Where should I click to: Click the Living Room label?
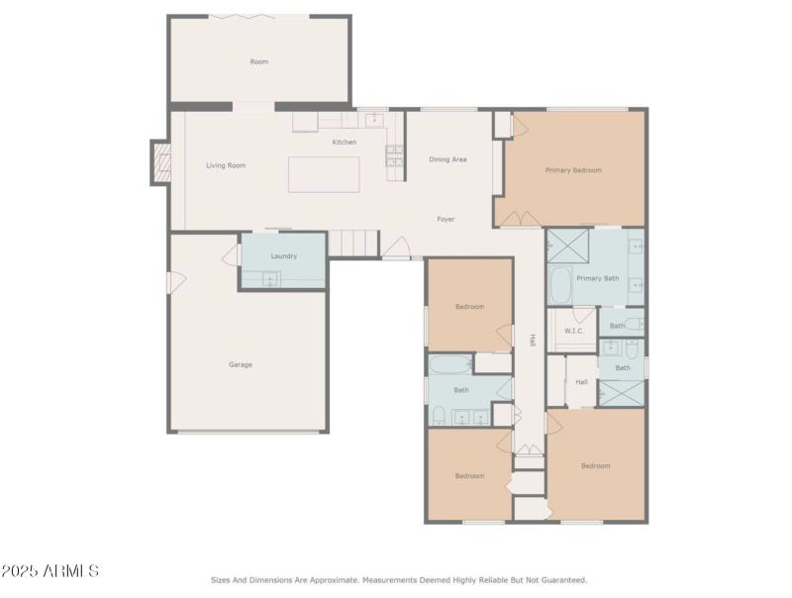point(226,165)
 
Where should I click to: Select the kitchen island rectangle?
point(324,174)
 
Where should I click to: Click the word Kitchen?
point(344,143)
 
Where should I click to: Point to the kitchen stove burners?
point(394,154)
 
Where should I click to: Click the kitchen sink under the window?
point(375,119)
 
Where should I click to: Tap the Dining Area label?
point(447,159)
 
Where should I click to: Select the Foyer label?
point(446,219)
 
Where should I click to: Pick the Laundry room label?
point(284,256)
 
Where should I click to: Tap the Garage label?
point(241,364)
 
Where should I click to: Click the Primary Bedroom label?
point(573,170)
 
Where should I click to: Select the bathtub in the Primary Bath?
point(559,285)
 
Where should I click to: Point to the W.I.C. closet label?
point(574,331)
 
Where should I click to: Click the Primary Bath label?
point(598,278)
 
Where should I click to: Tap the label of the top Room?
point(258,62)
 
